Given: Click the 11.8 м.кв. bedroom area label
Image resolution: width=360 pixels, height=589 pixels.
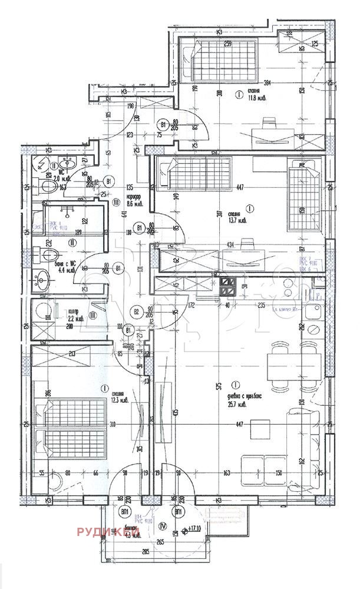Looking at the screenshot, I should coord(255,99).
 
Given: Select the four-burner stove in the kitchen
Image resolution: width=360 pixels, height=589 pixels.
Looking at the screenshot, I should coord(227,287).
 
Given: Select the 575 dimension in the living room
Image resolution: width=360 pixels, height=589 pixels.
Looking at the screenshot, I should coord(219,386).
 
